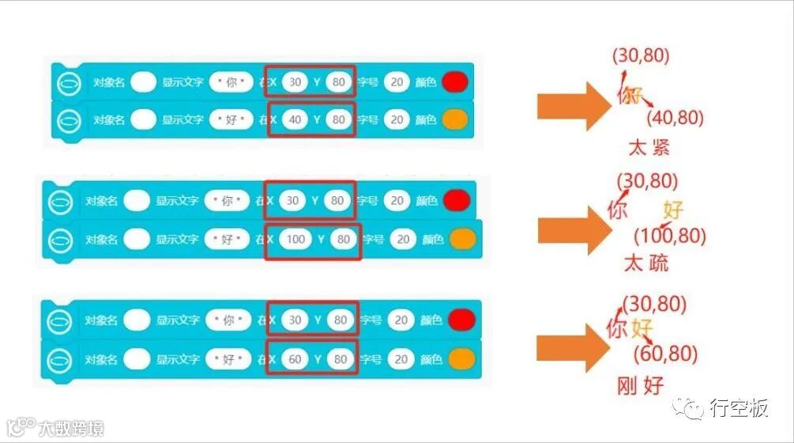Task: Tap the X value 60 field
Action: point(295,359)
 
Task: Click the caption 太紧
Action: point(649,147)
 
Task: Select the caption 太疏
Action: point(645,263)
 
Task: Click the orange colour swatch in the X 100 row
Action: point(462,239)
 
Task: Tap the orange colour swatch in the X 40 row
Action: point(456,119)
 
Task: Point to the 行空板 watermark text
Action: point(739,408)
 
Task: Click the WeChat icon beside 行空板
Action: point(694,408)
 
